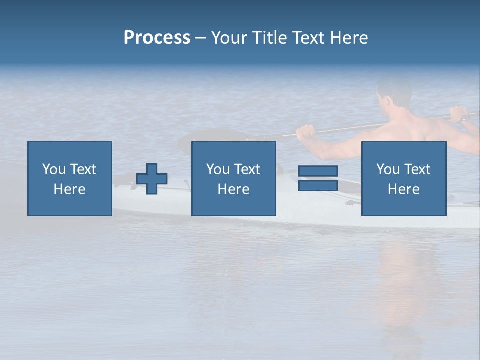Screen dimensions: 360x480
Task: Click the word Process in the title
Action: (x=157, y=38)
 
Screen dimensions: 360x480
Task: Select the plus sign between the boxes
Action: (x=152, y=179)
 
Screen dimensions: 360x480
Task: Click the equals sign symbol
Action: (x=318, y=178)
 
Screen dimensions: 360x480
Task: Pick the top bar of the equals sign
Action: (x=318, y=171)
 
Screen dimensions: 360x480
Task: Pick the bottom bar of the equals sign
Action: (x=318, y=185)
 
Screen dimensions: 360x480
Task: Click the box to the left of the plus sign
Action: (x=70, y=179)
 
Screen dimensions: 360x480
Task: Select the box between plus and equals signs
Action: (x=234, y=179)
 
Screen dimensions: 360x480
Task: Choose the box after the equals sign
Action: (x=404, y=179)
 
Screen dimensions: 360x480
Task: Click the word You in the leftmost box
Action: (x=53, y=169)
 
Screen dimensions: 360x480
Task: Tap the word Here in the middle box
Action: (x=234, y=189)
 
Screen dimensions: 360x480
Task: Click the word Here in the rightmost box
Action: (x=404, y=189)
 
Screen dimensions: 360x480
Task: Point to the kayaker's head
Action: (x=393, y=92)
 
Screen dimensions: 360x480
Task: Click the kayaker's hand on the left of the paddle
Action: (x=306, y=132)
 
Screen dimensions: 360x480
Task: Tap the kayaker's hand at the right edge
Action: (x=459, y=115)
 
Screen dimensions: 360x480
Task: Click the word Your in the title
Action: (x=230, y=38)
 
